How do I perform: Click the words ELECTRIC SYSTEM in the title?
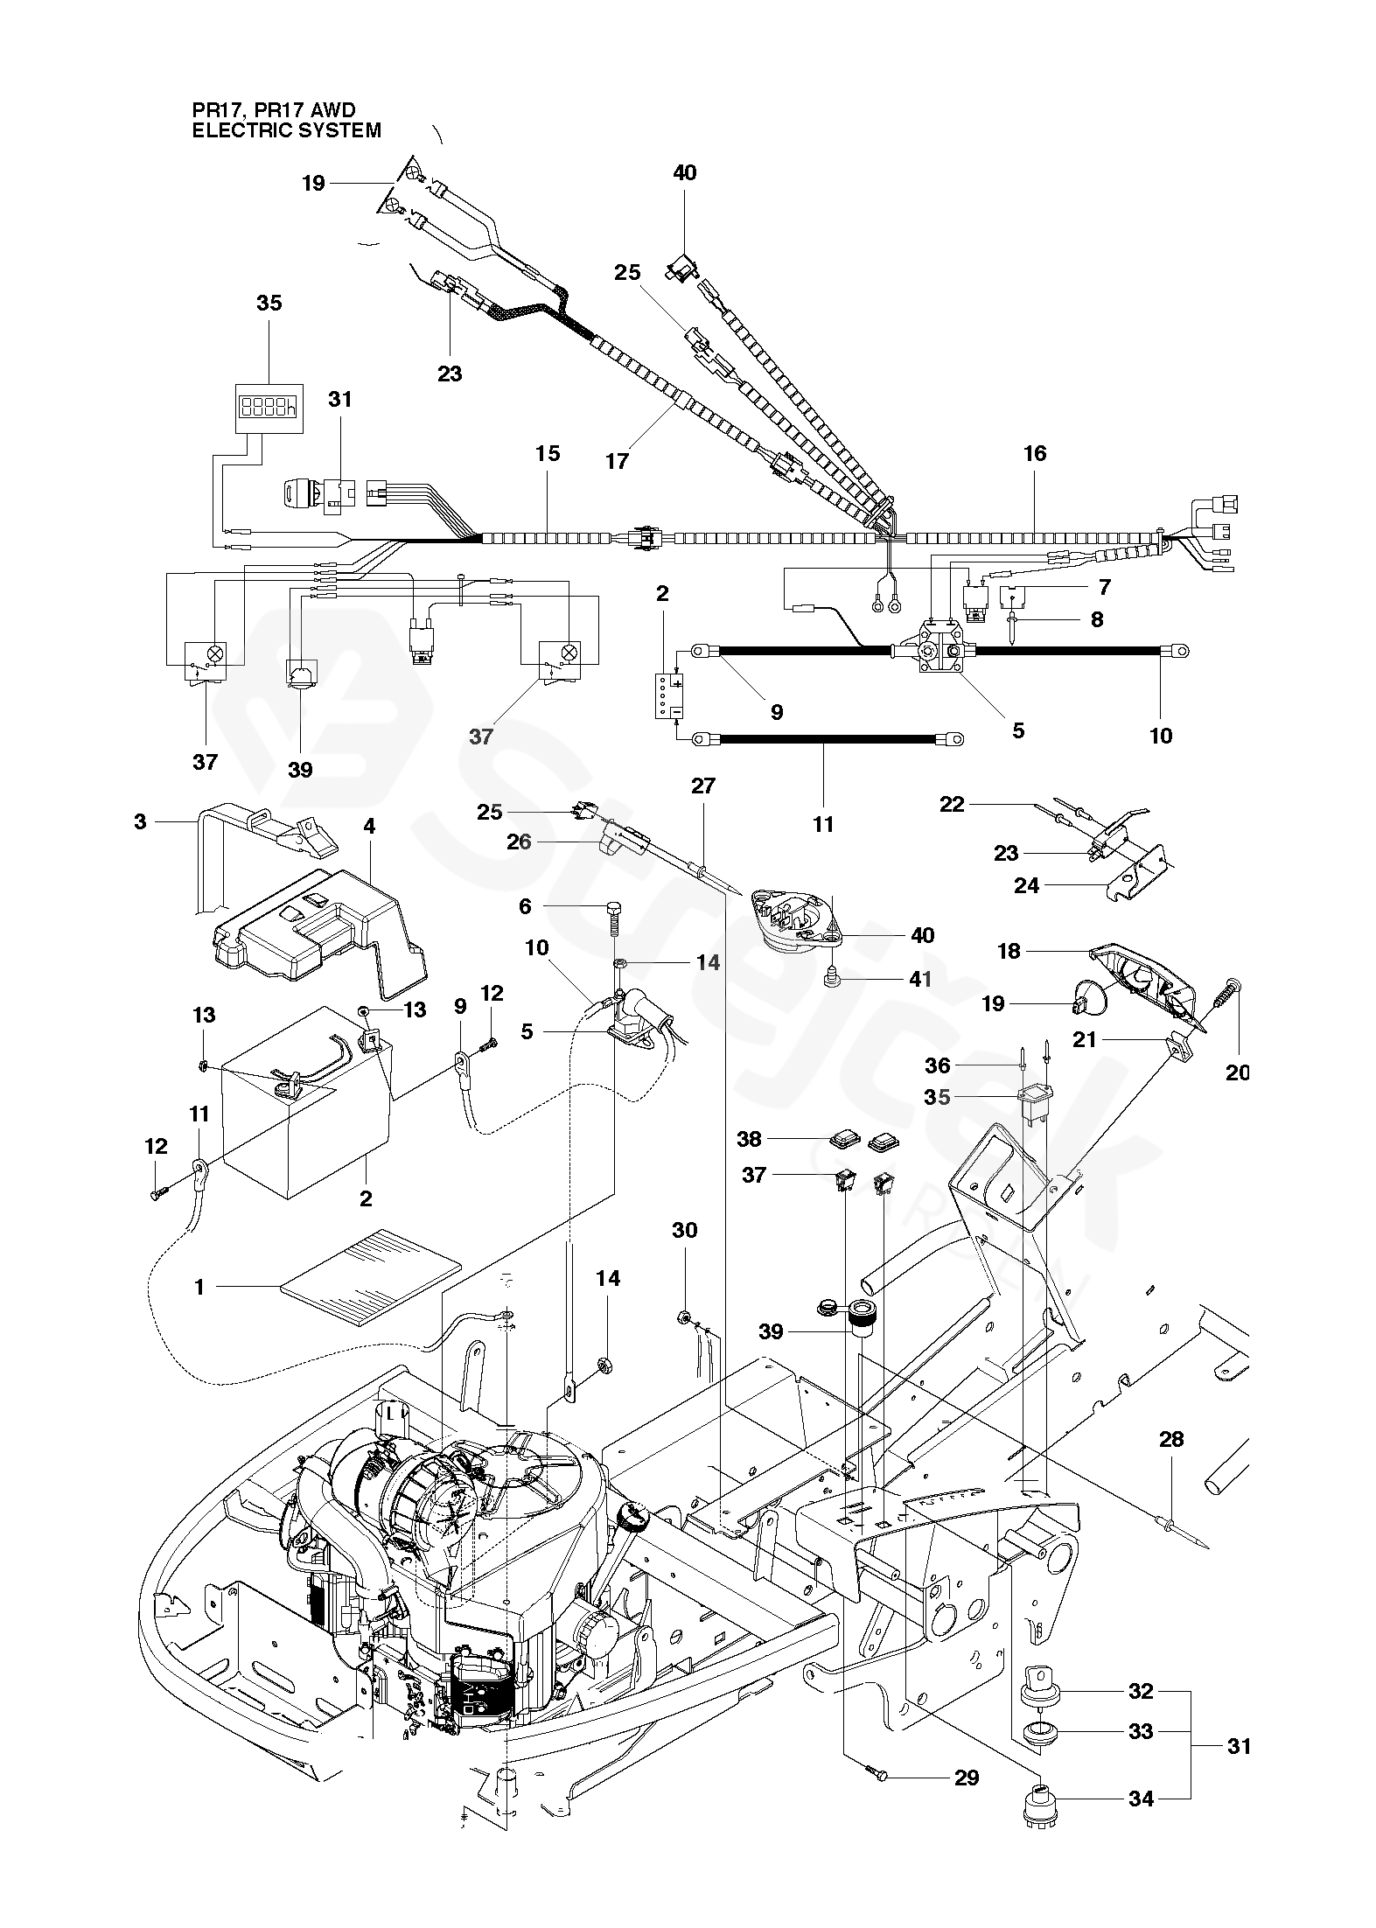coord(287,130)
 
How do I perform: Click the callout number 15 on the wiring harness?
coord(548,453)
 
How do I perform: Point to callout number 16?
coord(1034,453)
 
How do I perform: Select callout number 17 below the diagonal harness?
coord(618,460)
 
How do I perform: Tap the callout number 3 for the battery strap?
coord(141,821)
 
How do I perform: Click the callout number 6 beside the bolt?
coord(525,906)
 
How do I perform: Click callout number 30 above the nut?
coord(685,1230)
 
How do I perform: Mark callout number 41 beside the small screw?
coord(920,979)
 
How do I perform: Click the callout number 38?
coord(750,1139)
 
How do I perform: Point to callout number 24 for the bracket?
coord(1027,886)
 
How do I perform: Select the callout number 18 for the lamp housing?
coord(1009,950)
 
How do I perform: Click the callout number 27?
coord(703,786)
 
